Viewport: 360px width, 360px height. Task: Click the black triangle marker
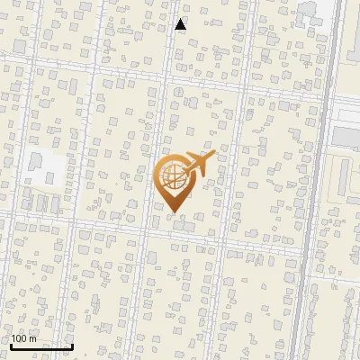(x=180, y=24)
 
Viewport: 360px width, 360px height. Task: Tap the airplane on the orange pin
(x=197, y=165)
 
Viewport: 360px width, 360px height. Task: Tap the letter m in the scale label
(x=33, y=338)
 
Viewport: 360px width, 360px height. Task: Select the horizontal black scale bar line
(x=40, y=346)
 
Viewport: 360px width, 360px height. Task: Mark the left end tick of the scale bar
(x=10, y=345)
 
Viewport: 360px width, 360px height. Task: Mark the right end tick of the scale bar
(x=72, y=345)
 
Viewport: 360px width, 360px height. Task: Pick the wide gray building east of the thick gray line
(x=346, y=136)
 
